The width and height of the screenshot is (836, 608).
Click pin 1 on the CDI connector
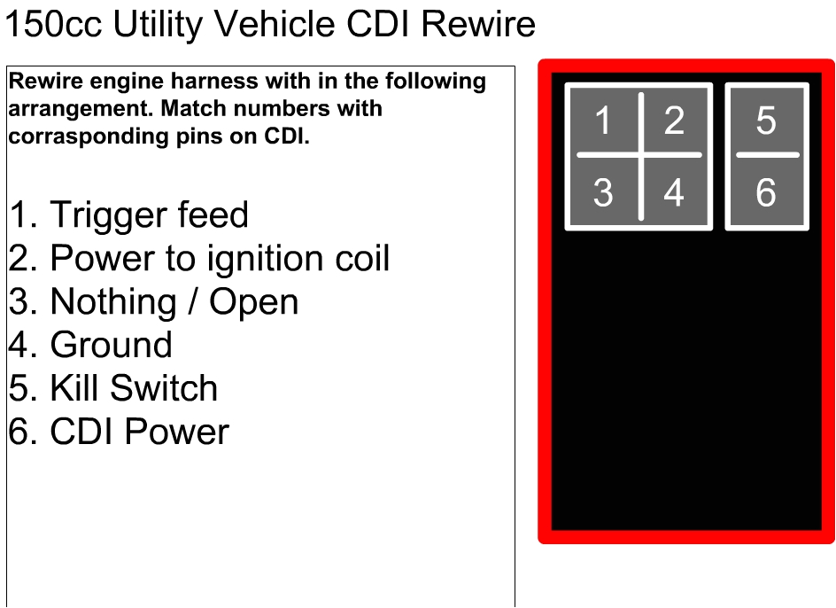point(603,121)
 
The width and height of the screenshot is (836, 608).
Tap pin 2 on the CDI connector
point(674,121)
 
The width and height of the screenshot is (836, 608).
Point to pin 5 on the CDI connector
point(766,121)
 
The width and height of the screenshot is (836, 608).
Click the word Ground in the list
point(112,346)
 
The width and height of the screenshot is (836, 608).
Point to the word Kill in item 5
point(74,389)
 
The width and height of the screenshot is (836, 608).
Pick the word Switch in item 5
point(164,389)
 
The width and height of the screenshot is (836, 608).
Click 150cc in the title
point(54,25)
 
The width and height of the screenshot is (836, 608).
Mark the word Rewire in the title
point(478,25)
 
